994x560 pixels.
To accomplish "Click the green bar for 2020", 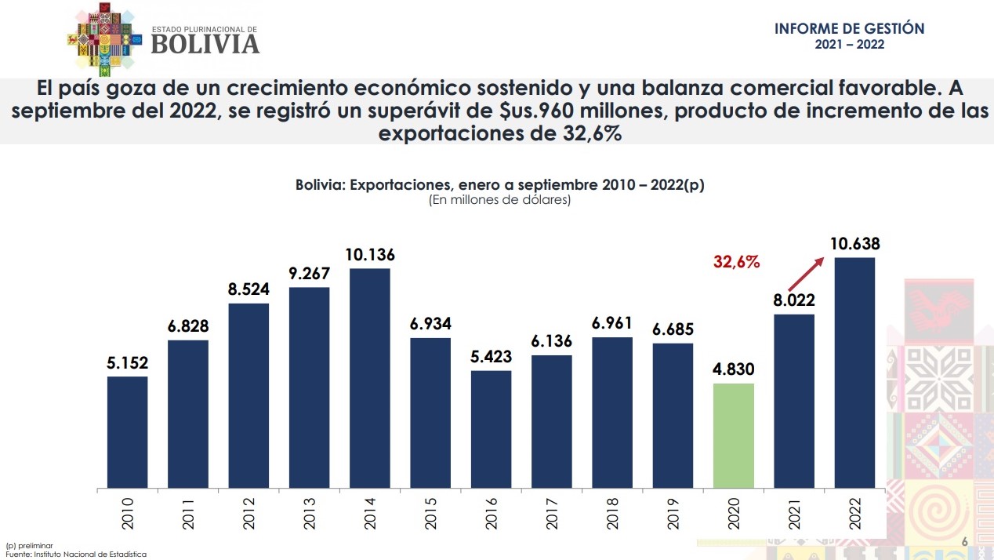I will tap(734, 435).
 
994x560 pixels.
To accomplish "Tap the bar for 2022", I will tap(854, 373).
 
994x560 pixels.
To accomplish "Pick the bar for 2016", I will tap(492, 429).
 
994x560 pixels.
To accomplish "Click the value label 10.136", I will tap(370, 255).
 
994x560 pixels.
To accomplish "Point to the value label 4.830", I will tap(734, 369).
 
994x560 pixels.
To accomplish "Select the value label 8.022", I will tap(794, 300).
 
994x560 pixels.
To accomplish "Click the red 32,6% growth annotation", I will tap(736, 263).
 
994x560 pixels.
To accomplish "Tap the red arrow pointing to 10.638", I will tap(806, 274).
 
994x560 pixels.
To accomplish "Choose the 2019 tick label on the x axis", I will tap(673, 511).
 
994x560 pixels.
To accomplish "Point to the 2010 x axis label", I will tap(128, 511).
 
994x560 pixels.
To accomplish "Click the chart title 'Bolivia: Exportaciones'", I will tap(499, 185).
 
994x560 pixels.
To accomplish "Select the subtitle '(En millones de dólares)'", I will tap(499, 200).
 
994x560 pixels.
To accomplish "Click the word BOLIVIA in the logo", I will tap(205, 44).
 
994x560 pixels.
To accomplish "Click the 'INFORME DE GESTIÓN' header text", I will tap(849, 29).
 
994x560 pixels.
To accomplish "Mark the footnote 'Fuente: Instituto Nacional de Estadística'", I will tap(75, 554).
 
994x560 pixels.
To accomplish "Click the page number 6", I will tap(964, 542).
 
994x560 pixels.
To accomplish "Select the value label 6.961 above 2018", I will tap(612, 323).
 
